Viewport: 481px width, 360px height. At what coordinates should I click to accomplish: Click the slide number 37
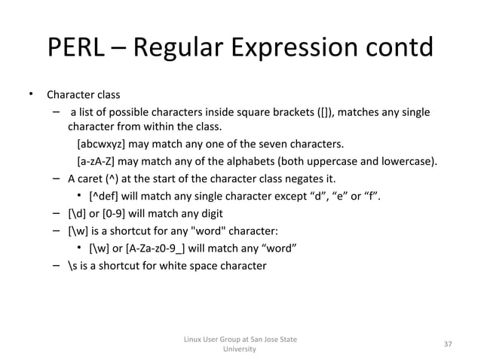click(448, 344)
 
